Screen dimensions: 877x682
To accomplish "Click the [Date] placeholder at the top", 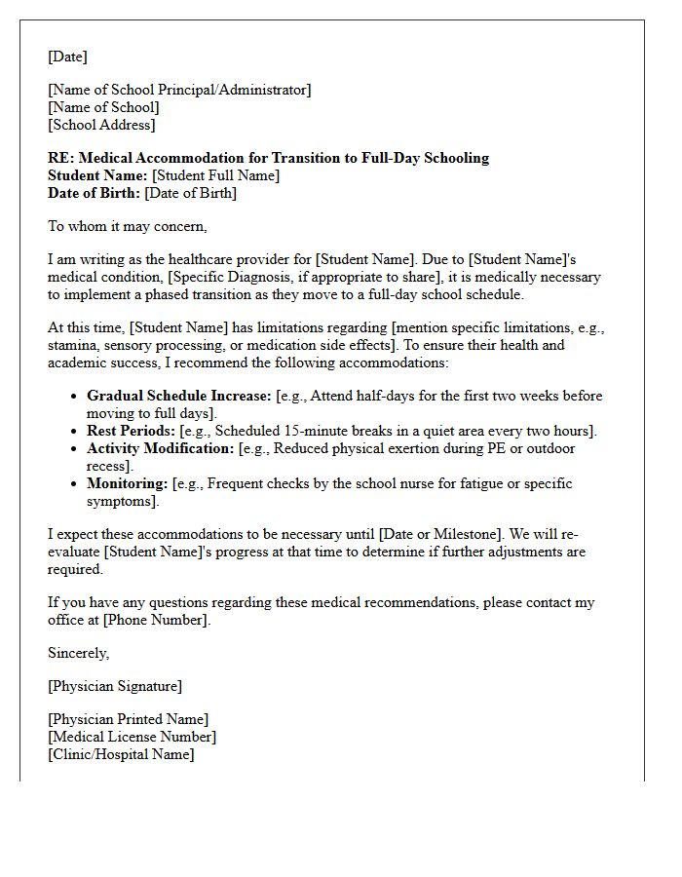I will (67, 57).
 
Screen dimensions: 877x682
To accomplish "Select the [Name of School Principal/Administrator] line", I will (179, 90).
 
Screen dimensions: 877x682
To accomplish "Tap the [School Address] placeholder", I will (101, 125).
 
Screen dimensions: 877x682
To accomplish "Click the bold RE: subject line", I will (268, 158).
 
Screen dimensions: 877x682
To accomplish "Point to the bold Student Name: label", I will (97, 175).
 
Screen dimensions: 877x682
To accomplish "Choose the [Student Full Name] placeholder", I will (215, 175).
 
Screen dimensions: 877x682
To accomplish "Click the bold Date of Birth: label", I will (94, 193).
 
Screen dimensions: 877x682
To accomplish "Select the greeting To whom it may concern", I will (128, 226).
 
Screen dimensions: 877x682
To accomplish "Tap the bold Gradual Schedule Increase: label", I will (178, 397).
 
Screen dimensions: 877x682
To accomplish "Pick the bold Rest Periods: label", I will (132, 431).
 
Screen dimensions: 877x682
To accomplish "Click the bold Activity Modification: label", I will (161, 448).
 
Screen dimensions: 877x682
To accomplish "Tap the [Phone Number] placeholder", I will (155, 620).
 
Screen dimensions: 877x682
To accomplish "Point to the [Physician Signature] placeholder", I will (114, 686).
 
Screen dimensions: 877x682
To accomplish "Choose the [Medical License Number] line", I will (132, 737).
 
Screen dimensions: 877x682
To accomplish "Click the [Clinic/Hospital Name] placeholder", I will (121, 754).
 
